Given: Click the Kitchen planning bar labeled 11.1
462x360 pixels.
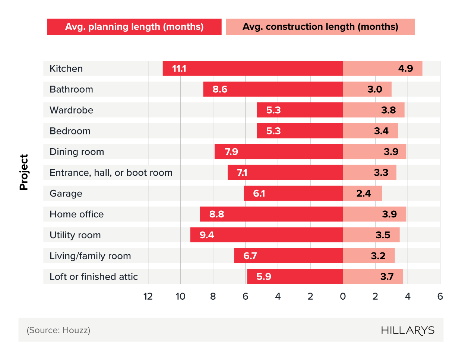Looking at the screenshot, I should (253, 69).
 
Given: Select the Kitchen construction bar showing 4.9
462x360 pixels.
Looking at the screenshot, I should (382, 69).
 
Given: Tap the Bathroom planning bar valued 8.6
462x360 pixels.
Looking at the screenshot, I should (273, 89).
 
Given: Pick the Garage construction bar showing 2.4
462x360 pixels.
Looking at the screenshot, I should (362, 193).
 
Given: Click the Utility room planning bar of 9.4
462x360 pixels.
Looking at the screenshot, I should (266, 235).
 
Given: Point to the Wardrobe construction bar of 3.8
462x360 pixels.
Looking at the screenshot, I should (373, 110).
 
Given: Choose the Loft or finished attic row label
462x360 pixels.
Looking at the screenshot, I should (94, 277).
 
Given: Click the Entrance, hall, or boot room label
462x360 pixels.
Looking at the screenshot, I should (111, 173).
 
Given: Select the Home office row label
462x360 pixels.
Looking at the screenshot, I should (76, 214).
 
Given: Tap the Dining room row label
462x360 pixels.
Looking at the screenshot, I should (76, 152).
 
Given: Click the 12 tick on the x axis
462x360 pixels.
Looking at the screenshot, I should (148, 296).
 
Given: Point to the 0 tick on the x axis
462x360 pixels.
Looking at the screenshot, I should (343, 296).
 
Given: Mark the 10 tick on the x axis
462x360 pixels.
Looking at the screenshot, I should (180, 296).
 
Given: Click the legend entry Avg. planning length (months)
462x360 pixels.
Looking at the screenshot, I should (134, 27).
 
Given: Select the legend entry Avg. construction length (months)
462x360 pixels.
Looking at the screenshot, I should (320, 27).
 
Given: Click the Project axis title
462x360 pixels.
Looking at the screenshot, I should (24, 172).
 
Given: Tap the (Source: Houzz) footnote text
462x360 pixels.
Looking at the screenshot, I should (58, 330).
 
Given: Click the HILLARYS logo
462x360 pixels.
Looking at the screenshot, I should (408, 331).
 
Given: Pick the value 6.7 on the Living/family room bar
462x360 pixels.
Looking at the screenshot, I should (250, 256).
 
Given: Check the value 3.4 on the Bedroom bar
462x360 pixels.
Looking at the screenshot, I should (381, 131).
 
